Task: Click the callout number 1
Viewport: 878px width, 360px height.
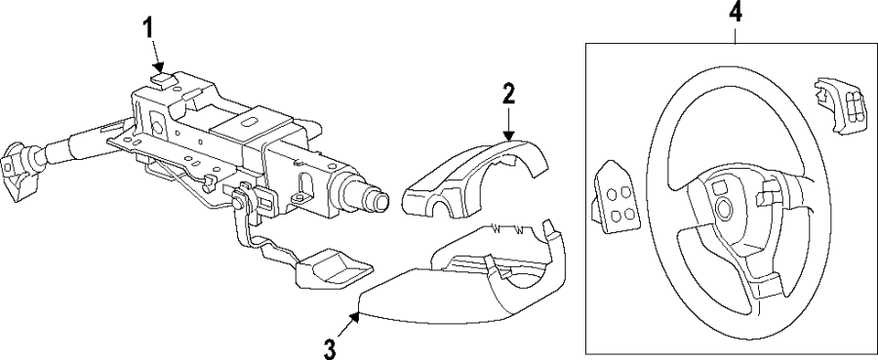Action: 149,26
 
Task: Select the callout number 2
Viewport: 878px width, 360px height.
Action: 508,94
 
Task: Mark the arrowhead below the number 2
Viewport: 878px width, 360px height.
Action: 507,139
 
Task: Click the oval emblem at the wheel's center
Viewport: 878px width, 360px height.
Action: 724,206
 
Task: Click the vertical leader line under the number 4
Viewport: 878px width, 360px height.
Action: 735,33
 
